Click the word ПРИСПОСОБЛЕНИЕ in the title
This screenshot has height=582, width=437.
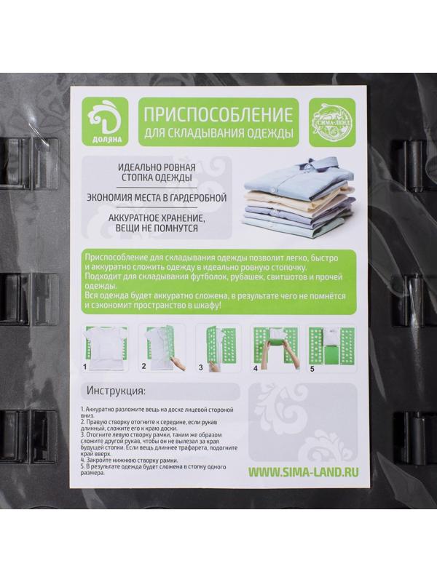(x=219, y=114)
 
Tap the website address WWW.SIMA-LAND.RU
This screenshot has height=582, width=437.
(x=303, y=471)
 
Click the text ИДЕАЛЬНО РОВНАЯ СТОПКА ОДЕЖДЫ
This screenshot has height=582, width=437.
(x=157, y=172)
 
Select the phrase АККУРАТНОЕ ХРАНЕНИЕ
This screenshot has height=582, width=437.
(x=157, y=218)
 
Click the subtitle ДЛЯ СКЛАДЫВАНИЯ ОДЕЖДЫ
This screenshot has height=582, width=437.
(x=219, y=133)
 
